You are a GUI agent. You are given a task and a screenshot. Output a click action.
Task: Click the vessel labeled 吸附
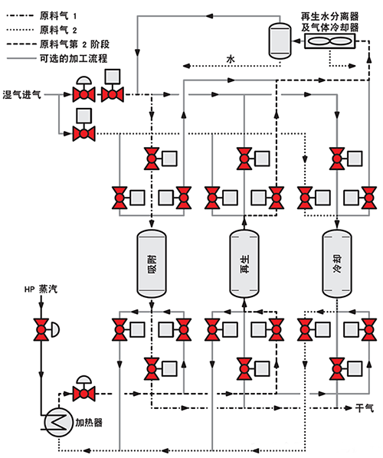coord(152,263)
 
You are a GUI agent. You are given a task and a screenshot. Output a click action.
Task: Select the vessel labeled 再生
coord(244,263)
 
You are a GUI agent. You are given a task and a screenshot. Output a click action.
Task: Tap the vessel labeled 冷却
coord(337,263)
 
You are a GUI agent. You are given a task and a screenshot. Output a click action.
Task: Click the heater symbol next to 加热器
coord(59,422)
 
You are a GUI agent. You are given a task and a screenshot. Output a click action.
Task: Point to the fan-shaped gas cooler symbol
coord(330,41)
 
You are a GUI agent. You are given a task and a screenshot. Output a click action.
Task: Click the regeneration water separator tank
coord(280,41)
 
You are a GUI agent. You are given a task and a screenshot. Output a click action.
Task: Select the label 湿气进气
coord(22,95)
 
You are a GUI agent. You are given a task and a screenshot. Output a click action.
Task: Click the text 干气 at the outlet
coord(365,407)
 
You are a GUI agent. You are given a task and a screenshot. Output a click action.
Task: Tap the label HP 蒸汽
coord(41,290)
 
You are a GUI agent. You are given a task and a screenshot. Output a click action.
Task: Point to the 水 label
coord(231,59)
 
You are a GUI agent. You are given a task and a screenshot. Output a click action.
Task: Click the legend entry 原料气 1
coord(41,15)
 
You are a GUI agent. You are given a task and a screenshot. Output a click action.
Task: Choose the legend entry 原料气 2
coord(41,30)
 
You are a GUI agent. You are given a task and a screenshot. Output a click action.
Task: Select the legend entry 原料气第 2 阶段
coord(58,44)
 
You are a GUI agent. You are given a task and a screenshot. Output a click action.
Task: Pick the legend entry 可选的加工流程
coord(57,58)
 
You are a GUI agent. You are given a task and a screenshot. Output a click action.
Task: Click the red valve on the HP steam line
coord(41,330)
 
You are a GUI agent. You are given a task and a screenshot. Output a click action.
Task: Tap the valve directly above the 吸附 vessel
coord(152,159)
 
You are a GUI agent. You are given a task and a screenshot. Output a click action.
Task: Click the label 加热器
coord(89,422)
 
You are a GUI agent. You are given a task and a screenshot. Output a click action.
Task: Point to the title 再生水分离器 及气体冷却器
coord(330,21)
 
